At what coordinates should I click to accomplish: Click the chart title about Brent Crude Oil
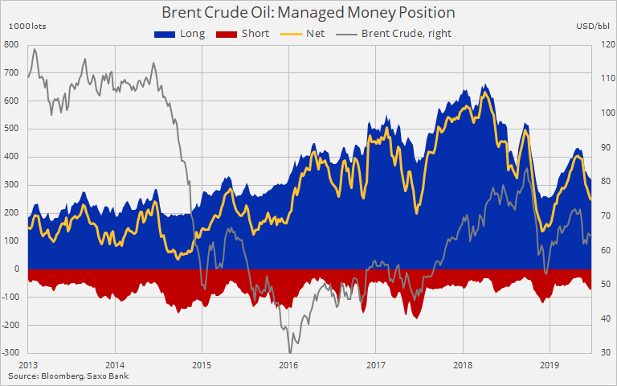pyautogui.click(x=308, y=13)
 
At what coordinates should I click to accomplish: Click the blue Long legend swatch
pyautogui.click(x=163, y=34)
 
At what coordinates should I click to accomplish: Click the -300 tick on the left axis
pyautogui.click(x=11, y=353)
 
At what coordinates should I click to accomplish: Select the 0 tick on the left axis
pyautogui.click(x=16, y=269)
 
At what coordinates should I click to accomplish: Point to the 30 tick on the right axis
pyautogui.click(x=603, y=353)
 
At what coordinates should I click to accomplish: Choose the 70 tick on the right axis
pyautogui.click(x=603, y=216)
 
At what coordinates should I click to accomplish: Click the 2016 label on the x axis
pyautogui.click(x=288, y=364)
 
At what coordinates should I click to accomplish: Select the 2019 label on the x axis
pyautogui.click(x=550, y=364)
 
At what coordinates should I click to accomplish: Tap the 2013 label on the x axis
pyautogui.click(x=28, y=364)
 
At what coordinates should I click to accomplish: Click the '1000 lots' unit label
pyautogui.click(x=28, y=27)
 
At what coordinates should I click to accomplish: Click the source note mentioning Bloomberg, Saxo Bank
pyautogui.click(x=68, y=376)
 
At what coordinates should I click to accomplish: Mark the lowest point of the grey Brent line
pyautogui.click(x=289, y=351)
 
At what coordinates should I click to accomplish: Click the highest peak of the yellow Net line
pyautogui.click(x=484, y=94)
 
